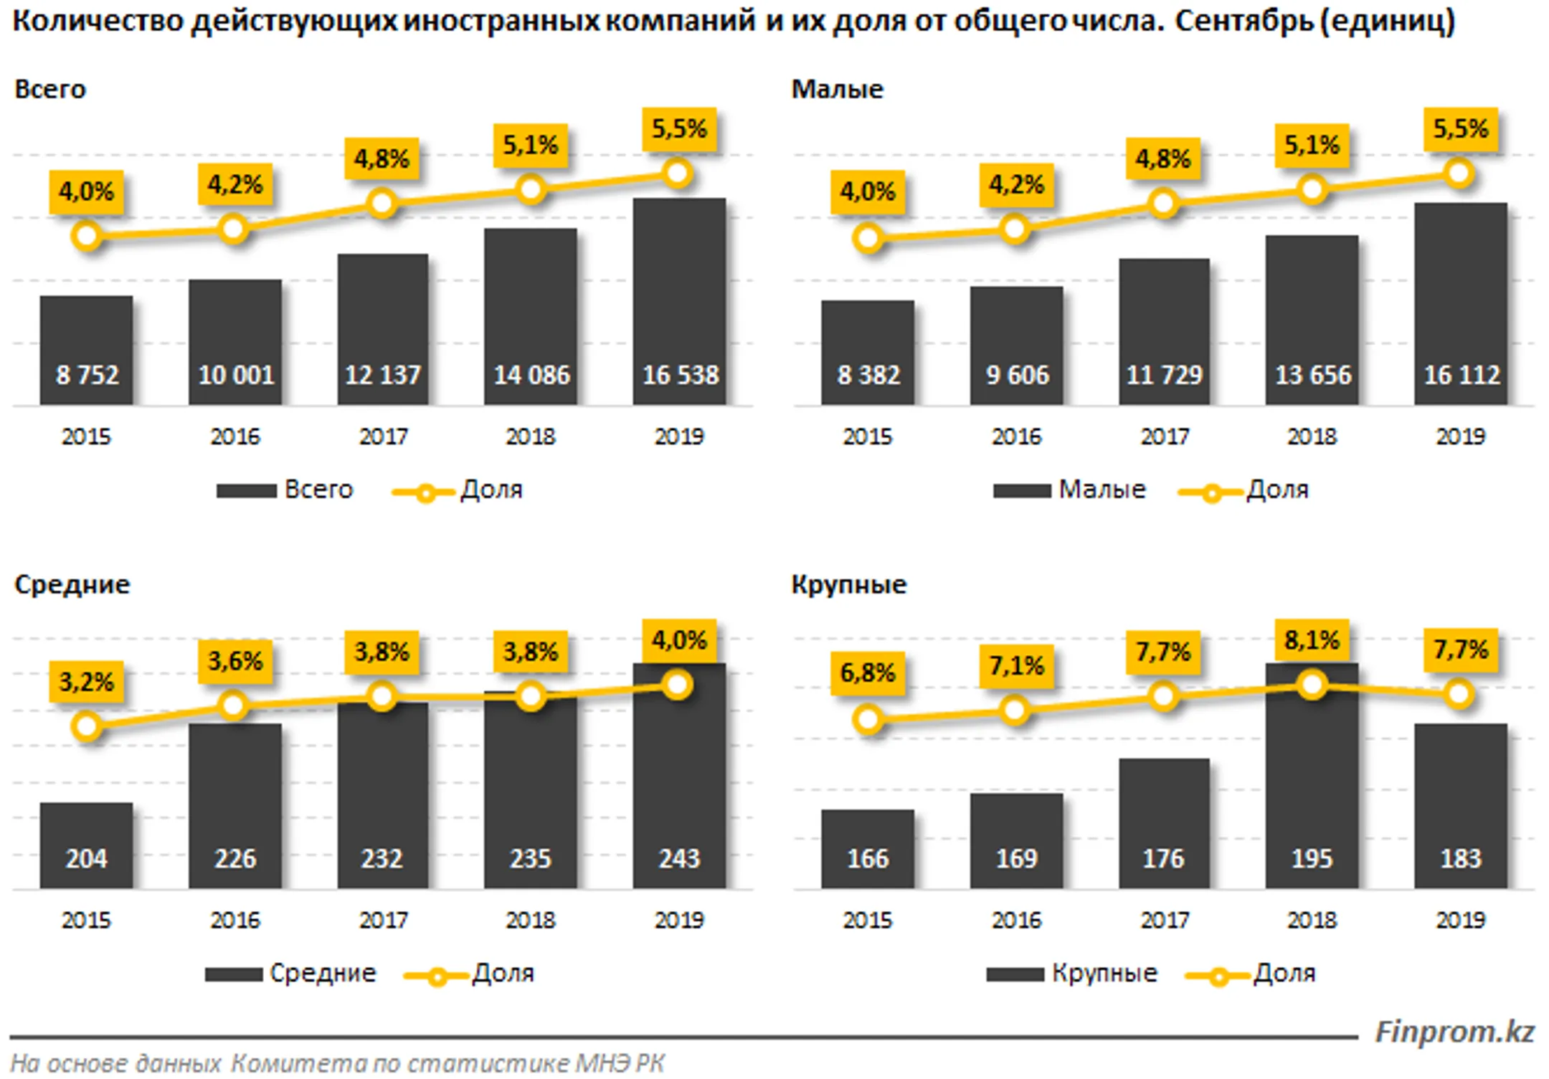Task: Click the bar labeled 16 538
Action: coord(678,301)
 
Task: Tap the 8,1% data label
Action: coord(1311,640)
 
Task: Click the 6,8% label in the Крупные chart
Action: coord(867,672)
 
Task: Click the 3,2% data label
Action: coord(86,681)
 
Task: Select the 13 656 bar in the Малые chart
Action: coord(1311,320)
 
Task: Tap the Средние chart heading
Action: coord(72,584)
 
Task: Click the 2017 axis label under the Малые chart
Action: coord(1164,436)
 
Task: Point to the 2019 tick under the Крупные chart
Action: coord(1460,919)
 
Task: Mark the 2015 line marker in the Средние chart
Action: coord(86,726)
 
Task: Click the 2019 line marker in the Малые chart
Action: coord(1459,174)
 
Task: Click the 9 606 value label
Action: coord(1016,375)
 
